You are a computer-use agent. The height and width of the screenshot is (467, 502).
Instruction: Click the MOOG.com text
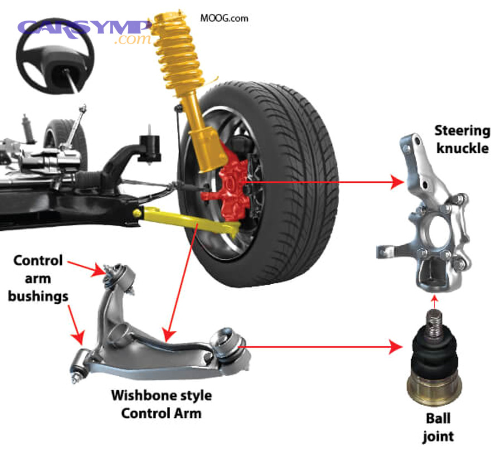(x=224, y=18)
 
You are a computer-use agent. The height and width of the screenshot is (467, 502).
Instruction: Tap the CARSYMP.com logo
(x=84, y=31)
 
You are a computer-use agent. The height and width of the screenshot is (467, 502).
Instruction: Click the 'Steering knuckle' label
(x=462, y=140)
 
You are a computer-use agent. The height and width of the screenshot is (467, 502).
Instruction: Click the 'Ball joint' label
(x=438, y=426)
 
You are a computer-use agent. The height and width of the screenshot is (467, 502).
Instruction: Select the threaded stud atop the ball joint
(x=435, y=324)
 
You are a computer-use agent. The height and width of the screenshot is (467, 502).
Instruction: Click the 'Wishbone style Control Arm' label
(x=161, y=404)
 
